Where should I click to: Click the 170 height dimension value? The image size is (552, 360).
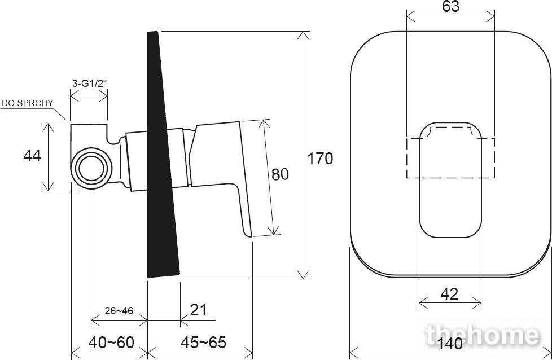tap(320, 159)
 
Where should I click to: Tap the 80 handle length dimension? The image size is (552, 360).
tap(280, 174)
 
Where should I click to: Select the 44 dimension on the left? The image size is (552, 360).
tap(32, 156)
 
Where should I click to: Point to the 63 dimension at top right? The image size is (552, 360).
tap(451, 6)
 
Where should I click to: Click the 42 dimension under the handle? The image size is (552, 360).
tap(449, 294)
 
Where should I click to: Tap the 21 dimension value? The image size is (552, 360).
tap(198, 310)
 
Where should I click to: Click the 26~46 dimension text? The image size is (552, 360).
tap(119, 311)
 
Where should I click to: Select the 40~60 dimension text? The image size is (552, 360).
tap(111, 342)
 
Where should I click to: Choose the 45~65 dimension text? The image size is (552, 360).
tap(204, 342)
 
